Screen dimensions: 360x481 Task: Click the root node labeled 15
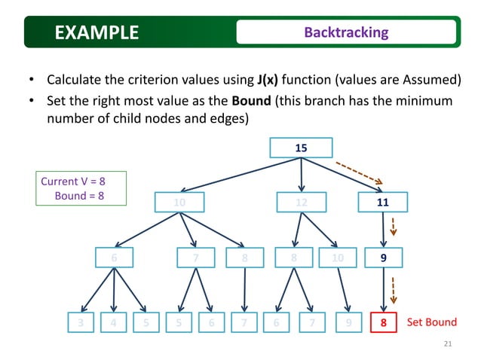(301, 148)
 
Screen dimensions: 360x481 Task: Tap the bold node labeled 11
(383, 203)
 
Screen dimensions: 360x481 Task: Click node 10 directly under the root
(179, 203)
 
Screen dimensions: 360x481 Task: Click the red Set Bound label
(431, 322)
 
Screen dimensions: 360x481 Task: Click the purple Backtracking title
(346, 32)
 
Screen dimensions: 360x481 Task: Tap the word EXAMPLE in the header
(97, 32)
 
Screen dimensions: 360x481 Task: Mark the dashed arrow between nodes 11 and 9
(393, 227)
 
